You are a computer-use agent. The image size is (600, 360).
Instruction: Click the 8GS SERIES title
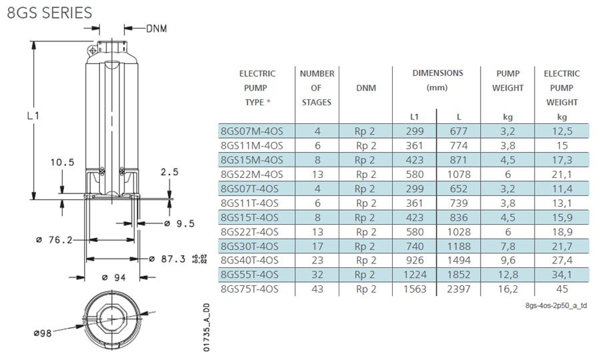point(49,13)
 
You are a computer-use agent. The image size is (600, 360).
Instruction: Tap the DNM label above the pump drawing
point(157,29)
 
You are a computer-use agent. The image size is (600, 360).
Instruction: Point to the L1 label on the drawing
point(33,115)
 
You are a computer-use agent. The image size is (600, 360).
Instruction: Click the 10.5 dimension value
point(63,162)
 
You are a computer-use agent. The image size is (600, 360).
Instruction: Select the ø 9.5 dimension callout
point(179,223)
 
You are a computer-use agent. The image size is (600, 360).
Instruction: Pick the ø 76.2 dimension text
point(54,240)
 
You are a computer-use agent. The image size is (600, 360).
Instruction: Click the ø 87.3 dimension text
point(167,259)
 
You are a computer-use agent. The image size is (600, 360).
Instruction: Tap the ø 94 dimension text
point(113,277)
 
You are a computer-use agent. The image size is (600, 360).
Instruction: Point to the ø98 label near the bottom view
point(43,333)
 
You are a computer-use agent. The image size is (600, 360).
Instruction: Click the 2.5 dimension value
point(169,172)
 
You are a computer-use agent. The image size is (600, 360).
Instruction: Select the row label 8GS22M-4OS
point(252,175)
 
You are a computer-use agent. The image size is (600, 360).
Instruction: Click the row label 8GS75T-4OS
point(249,289)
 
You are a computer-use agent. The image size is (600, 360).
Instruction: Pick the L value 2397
point(459,289)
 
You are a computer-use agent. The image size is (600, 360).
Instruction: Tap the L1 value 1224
point(415,275)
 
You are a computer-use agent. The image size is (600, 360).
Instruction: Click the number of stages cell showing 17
point(317,246)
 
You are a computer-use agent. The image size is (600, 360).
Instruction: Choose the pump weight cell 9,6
point(508,260)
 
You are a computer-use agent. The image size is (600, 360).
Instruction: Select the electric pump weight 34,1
point(562,275)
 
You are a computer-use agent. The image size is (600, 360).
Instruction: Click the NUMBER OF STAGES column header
point(317,88)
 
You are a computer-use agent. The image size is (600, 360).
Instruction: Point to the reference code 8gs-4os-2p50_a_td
point(556,305)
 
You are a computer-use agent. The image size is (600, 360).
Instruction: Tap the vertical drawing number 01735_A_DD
point(206,327)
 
